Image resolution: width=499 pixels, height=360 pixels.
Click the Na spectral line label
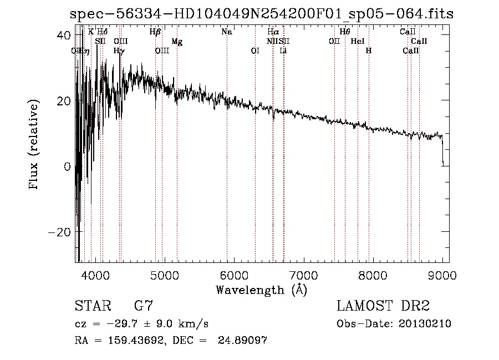226,32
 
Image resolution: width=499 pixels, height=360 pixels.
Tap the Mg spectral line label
177,42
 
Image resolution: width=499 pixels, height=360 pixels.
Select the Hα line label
273,32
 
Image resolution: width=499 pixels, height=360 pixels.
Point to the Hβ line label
155,32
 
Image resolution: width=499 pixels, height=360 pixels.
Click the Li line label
283,50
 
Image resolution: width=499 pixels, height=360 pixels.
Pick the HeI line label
358,42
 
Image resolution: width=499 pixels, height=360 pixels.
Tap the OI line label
255,50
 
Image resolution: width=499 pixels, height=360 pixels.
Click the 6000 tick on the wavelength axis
234,274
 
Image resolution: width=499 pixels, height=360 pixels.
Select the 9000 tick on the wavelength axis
442,274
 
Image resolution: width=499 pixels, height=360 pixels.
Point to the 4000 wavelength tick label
95,274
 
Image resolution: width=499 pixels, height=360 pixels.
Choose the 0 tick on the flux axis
67,166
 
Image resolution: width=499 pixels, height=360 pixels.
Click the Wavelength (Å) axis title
261,290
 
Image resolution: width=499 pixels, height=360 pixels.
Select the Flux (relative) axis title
34,145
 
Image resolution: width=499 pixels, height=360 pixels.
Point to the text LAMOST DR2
384,306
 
